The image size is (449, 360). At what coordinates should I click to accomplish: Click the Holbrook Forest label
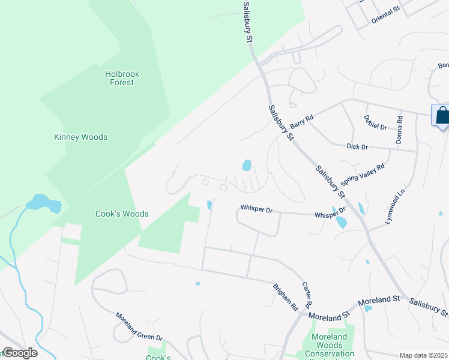click(x=122, y=78)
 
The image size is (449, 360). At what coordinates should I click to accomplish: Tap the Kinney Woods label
click(x=80, y=137)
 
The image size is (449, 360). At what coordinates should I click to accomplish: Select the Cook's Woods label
click(x=122, y=214)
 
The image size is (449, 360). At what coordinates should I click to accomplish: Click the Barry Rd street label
click(x=301, y=122)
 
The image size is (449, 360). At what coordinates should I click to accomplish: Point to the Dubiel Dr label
click(x=375, y=122)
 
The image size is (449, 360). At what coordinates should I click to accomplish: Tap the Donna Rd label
click(x=399, y=130)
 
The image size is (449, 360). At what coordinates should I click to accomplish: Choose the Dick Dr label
click(x=357, y=146)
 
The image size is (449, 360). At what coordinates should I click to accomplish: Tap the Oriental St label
click(x=385, y=14)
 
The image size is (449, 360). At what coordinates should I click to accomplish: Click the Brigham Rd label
click(x=285, y=296)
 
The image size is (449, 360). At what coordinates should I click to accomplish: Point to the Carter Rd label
click(x=307, y=295)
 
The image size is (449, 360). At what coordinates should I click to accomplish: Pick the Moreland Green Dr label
click(x=139, y=328)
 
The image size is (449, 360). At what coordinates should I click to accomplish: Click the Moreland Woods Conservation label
click(x=330, y=345)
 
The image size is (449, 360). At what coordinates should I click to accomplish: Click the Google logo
click(x=19, y=353)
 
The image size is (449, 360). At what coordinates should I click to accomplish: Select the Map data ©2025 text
click(x=424, y=355)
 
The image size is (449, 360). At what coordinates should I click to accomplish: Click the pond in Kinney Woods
click(x=44, y=204)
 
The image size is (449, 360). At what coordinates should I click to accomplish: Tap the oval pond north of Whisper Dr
click(x=246, y=164)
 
